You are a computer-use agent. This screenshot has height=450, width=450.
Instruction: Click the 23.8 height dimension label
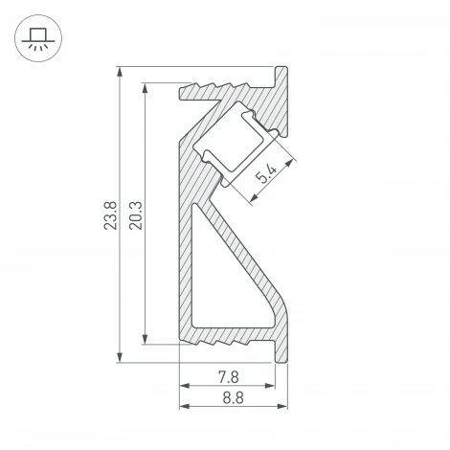pyautogui.click(x=110, y=215)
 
